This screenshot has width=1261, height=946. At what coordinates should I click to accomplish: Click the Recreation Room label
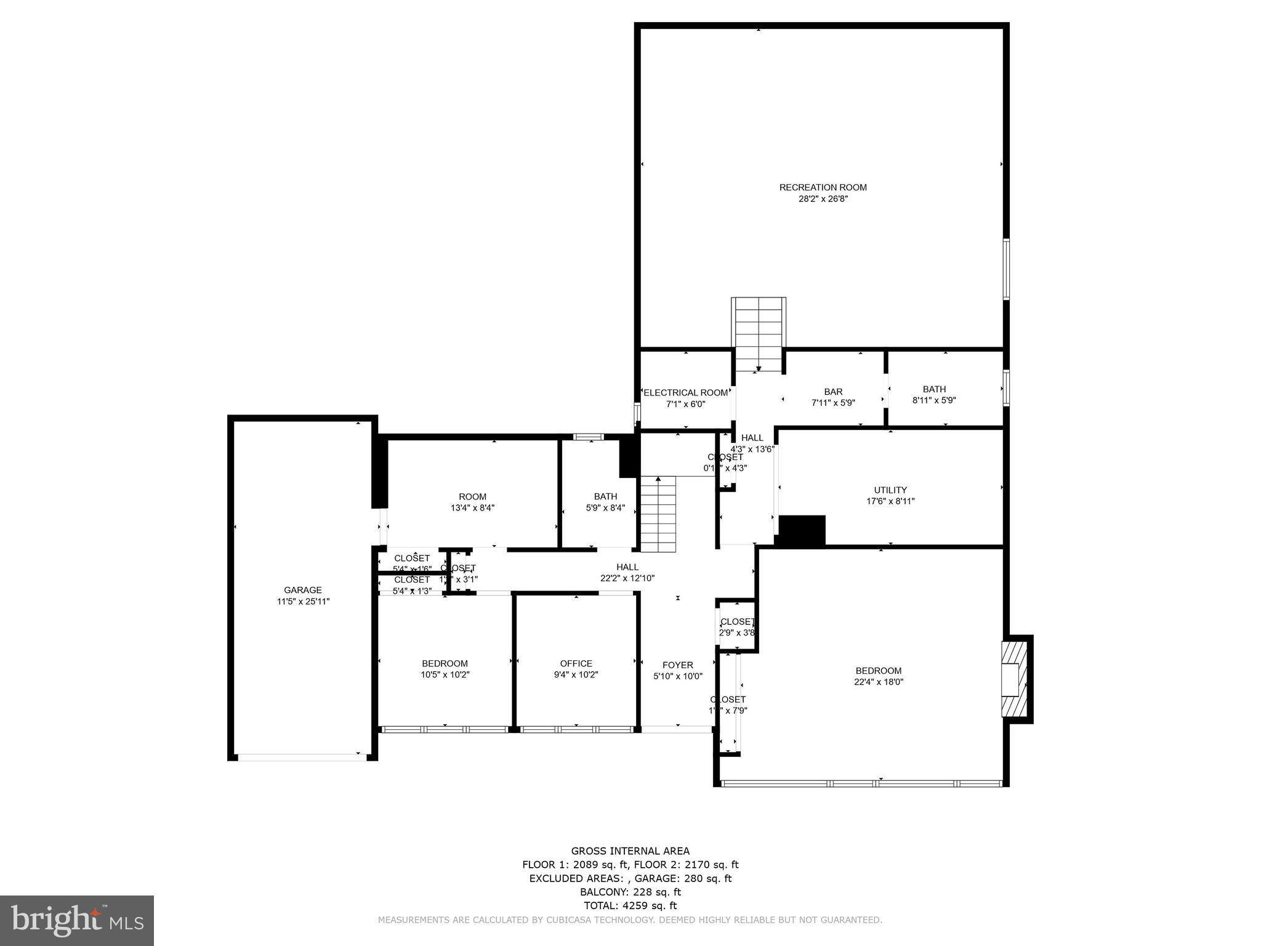click(x=823, y=187)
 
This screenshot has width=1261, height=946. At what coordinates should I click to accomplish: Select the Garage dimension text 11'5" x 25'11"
click(x=303, y=601)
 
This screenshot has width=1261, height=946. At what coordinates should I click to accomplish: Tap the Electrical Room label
click(x=685, y=392)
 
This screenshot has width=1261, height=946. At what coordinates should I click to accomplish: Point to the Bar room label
click(x=833, y=392)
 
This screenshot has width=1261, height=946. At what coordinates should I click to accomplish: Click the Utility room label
click(x=890, y=490)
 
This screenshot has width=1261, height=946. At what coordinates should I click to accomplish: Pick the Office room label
click(x=576, y=663)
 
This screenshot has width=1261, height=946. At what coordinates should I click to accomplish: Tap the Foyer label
click(x=677, y=665)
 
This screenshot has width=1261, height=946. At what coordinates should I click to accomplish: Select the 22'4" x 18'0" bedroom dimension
click(x=878, y=682)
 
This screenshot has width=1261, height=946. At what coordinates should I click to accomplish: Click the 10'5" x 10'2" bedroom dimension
click(x=445, y=674)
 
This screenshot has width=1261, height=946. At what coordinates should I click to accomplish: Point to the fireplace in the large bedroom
click(x=1014, y=679)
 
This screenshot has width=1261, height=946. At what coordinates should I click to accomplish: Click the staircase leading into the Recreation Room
click(x=758, y=333)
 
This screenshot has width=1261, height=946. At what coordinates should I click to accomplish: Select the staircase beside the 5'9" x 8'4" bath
click(x=658, y=515)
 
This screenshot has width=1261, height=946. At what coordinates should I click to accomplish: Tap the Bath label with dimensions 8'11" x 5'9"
click(x=933, y=389)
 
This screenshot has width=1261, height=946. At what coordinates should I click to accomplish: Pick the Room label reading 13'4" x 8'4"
click(x=472, y=497)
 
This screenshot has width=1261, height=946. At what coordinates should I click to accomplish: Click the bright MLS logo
click(x=77, y=920)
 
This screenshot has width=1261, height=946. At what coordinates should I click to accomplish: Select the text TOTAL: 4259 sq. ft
click(x=630, y=905)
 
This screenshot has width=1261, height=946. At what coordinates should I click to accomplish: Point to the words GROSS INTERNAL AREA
click(x=630, y=851)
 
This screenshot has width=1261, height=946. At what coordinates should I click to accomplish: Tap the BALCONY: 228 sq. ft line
click(x=630, y=892)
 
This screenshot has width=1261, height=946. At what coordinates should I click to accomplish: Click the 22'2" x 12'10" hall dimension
click(x=627, y=578)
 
